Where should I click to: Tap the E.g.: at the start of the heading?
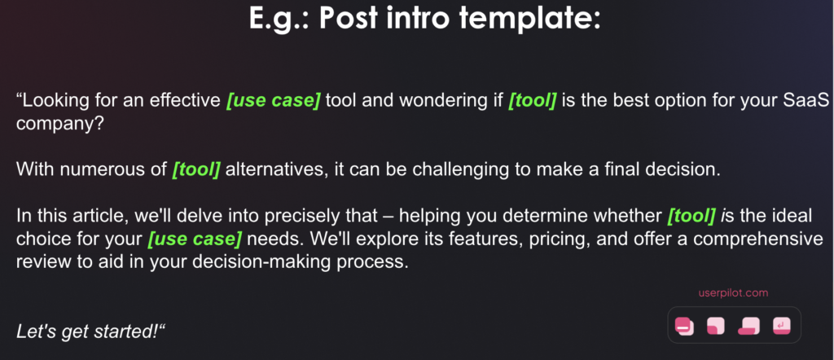coord(280,19)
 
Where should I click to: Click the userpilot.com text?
coord(733,293)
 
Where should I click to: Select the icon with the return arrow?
coord(781,326)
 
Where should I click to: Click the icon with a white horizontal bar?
coord(684,326)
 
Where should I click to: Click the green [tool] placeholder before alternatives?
coord(195,170)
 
